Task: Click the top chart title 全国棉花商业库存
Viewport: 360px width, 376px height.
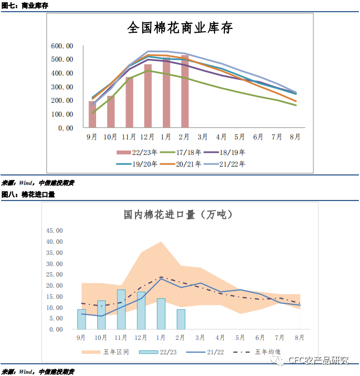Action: tap(180, 28)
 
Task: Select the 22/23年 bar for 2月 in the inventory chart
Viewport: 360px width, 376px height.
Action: tap(184, 92)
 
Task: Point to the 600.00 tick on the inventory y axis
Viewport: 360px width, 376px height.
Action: tap(62, 46)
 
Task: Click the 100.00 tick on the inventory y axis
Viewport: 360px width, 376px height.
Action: tap(62, 114)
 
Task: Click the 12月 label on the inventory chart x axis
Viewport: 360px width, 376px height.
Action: tap(147, 137)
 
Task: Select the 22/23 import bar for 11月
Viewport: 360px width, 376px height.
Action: tap(121, 309)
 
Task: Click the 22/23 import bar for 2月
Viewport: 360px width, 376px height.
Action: tap(181, 319)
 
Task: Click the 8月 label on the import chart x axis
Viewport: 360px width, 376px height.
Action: tap(299, 338)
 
